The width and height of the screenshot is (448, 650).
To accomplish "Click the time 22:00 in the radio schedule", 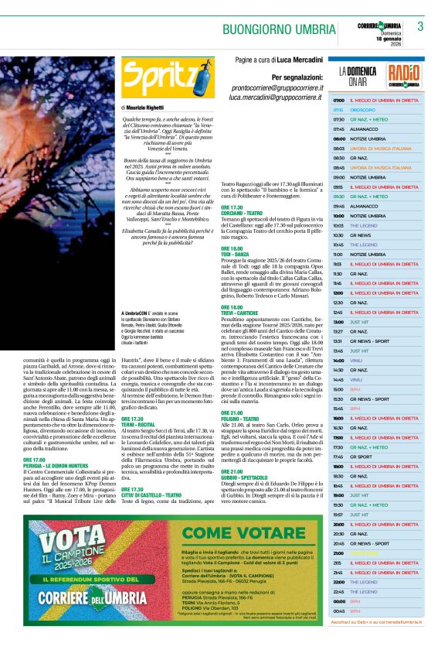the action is point(338,581).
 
